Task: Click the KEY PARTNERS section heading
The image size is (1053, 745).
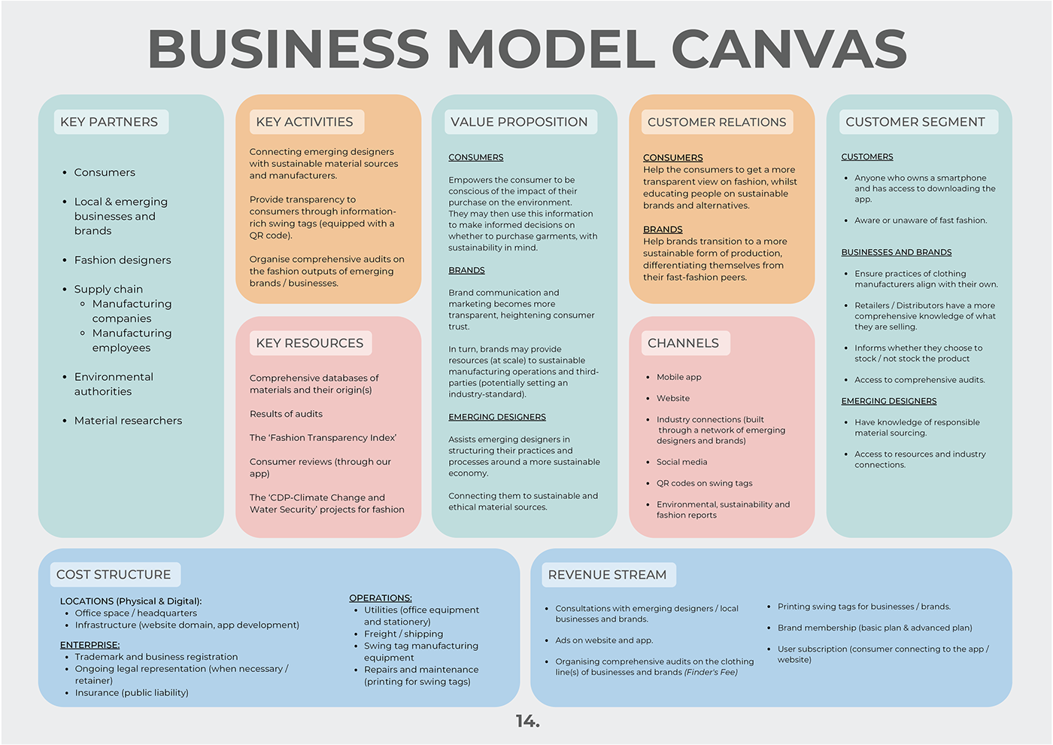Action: (109, 122)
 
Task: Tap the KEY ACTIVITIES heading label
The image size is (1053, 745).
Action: (304, 122)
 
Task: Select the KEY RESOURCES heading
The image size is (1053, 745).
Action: (309, 343)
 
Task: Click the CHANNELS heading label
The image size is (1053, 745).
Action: (683, 343)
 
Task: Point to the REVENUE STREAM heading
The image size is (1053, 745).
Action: (607, 575)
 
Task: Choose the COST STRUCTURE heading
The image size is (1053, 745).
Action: (114, 575)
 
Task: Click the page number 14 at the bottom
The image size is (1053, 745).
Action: (527, 721)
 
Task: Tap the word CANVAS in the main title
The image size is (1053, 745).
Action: (789, 48)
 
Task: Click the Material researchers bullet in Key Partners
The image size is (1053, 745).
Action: (128, 421)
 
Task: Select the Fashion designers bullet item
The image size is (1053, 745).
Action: (122, 260)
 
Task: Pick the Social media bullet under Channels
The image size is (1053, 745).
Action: (681, 462)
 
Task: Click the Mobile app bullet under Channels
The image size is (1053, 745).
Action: (678, 377)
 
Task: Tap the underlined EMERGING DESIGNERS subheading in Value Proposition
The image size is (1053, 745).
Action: (497, 417)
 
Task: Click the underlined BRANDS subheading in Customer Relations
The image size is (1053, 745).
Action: (663, 229)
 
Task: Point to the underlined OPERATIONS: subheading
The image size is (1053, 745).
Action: (381, 598)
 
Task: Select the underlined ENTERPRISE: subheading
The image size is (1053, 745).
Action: (90, 645)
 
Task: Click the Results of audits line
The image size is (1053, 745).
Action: (286, 414)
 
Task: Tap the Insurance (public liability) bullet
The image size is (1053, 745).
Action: (132, 693)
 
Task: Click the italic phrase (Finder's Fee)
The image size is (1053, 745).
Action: (711, 672)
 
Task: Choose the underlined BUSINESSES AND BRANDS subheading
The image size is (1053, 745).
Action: (896, 252)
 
